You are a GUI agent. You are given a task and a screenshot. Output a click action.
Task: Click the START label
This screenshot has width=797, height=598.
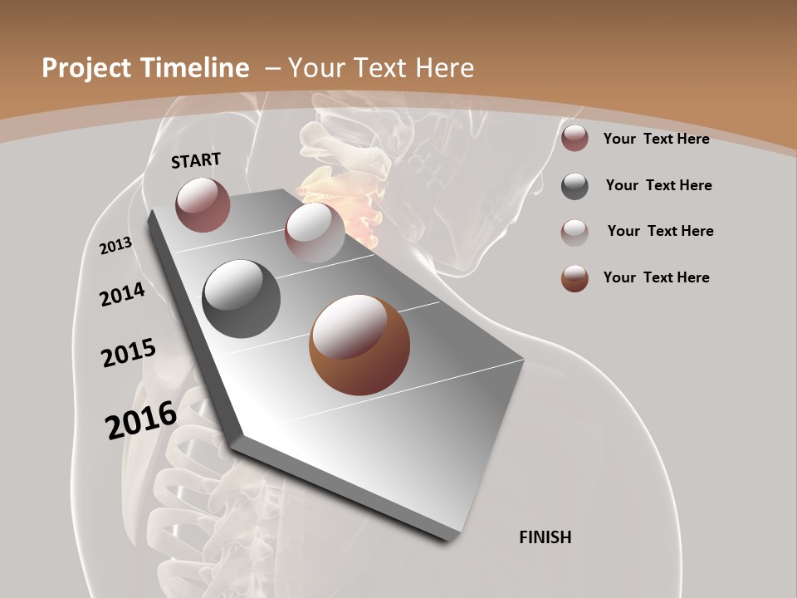pyautogui.click(x=196, y=160)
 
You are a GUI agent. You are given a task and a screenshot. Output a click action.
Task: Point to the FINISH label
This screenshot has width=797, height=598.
pyautogui.click(x=545, y=537)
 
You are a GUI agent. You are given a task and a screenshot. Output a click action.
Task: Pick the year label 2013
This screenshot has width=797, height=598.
pyautogui.click(x=116, y=245)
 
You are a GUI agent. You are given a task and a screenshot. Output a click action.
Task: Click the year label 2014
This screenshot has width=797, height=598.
pyautogui.click(x=123, y=294)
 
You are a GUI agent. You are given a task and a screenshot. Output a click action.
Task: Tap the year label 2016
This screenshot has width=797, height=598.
pyautogui.click(x=141, y=420)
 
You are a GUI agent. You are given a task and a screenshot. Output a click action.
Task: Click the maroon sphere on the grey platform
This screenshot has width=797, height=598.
pyautogui.click(x=203, y=204)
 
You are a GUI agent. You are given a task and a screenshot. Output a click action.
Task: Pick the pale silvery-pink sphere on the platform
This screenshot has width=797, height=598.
pyautogui.click(x=315, y=232)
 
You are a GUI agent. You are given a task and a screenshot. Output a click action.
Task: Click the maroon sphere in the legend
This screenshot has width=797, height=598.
pyautogui.click(x=575, y=139)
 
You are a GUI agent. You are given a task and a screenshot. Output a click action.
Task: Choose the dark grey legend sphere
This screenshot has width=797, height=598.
pyautogui.click(x=575, y=186)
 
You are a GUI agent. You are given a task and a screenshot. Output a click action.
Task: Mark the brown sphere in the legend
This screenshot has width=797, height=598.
pyautogui.click(x=575, y=278)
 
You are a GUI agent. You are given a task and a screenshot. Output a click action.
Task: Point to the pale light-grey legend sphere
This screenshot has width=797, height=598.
pyautogui.click(x=575, y=232)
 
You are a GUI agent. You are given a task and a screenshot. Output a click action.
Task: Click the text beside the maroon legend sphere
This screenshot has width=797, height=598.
pyautogui.click(x=656, y=139)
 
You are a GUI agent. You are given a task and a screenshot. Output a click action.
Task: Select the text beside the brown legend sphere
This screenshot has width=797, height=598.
pyautogui.click(x=656, y=277)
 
